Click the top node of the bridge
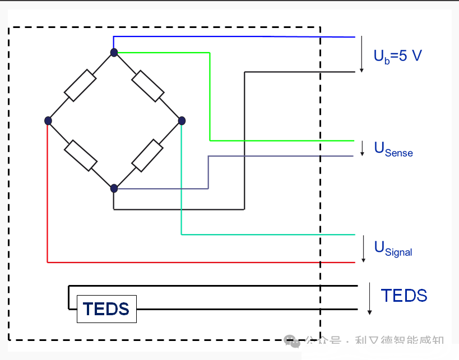[114, 53]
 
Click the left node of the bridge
[48, 120]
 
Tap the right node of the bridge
[181, 120]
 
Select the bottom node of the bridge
[114, 188]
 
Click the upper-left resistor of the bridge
[80, 86]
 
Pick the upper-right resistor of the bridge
[148, 86]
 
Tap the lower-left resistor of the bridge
[81, 155]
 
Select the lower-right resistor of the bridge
[147, 155]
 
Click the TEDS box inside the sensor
[106, 308]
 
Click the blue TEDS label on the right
[404, 296]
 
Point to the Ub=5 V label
[397, 56]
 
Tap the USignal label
[393, 247]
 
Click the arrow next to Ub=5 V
[362, 54]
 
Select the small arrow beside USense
[362, 148]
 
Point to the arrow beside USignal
[364, 249]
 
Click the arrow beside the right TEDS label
[369, 299]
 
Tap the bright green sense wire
[210, 95]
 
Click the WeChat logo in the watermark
[291, 341]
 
